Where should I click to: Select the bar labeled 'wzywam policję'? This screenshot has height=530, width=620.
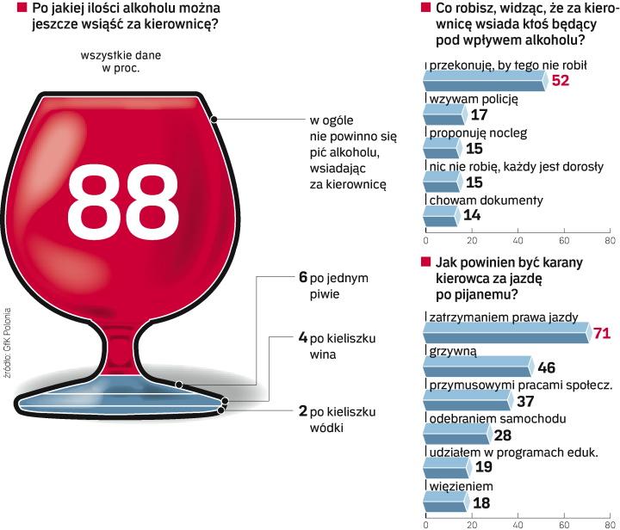pos(444,115)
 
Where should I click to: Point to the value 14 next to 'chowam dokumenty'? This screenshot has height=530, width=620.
pos(471,216)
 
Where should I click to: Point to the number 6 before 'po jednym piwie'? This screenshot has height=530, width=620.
pos(302,278)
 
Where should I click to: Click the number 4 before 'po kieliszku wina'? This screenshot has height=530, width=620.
pos(302,337)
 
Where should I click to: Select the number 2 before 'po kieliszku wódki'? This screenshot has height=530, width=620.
pos(302,410)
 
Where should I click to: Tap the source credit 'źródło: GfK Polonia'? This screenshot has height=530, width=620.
pos(7,336)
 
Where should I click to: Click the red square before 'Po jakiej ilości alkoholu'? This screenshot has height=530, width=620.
pos(9,9)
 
